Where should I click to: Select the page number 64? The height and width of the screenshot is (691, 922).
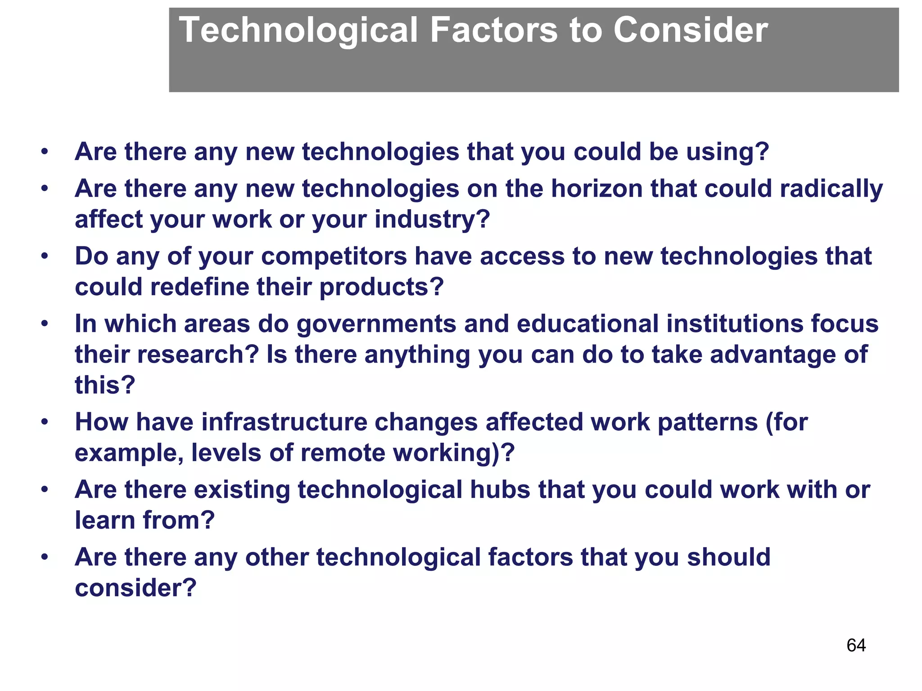pyautogui.click(x=856, y=645)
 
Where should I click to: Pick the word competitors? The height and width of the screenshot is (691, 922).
pyautogui.click(x=334, y=256)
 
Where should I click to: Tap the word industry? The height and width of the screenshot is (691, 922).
pyautogui.click(x=432, y=220)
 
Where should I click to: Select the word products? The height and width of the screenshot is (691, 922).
pyautogui.click(x=381, y=287)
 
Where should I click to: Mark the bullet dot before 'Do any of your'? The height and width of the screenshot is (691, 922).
pyautogui.click(x=44, y=256)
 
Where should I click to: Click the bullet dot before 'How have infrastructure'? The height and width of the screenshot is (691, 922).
pyautogui.click(x=44, y=422)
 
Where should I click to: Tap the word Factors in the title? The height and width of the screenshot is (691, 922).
pyautogui.click(x=494, y=30)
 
